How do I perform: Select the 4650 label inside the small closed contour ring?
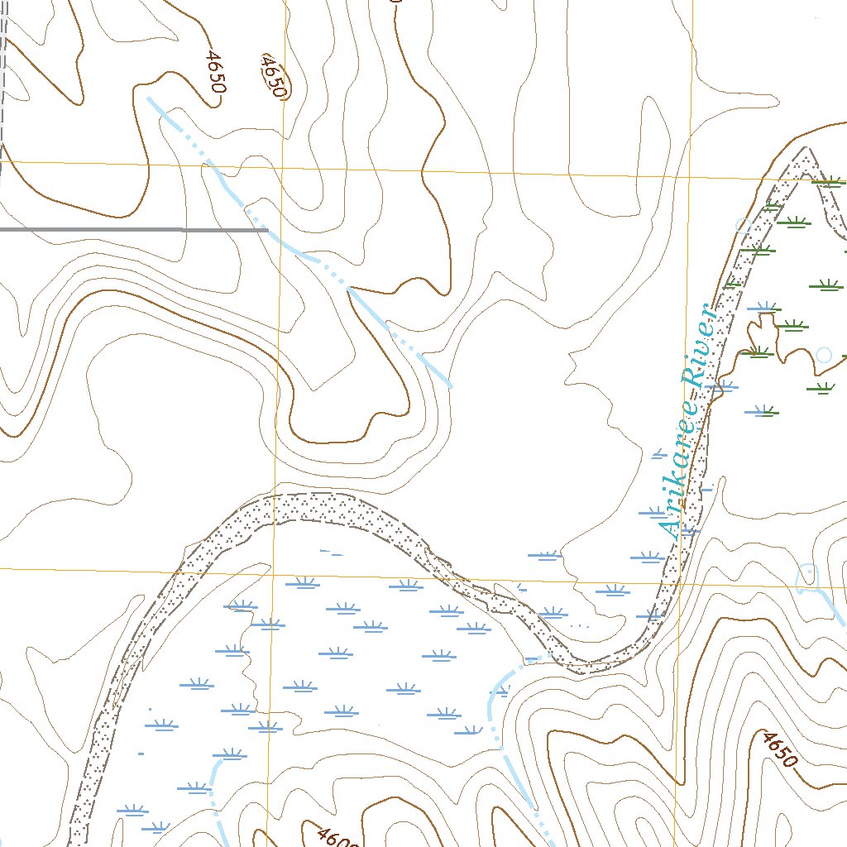tap(272, 77)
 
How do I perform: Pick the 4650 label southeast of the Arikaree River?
tap(778, 749)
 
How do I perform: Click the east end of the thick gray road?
tap(266, 229)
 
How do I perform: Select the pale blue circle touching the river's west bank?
tap(743, 224)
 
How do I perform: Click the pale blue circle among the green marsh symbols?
tap(823, 355)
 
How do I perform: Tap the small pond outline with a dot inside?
tap(807, 572)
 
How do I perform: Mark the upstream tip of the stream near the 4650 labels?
tap(150, 98)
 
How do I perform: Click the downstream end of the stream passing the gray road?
tap(451, 385)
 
